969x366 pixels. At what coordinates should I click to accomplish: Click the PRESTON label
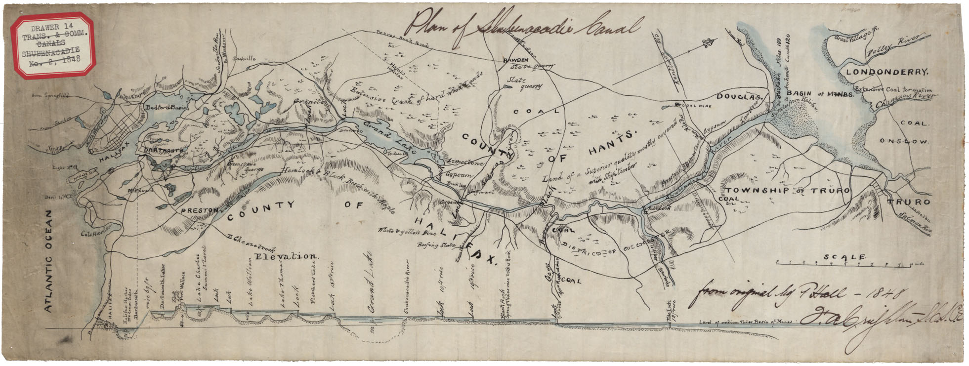point(199,210)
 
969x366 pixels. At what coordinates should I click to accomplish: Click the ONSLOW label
point(911,142)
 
